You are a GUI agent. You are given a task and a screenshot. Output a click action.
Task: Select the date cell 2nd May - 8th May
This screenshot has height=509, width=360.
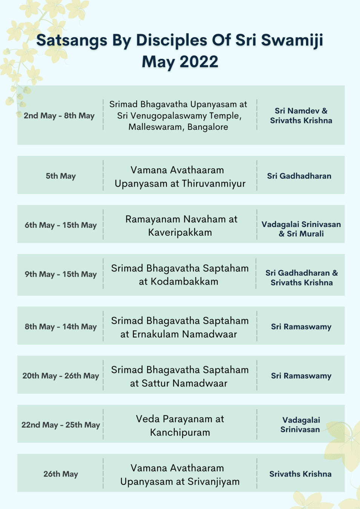tap(59, 116)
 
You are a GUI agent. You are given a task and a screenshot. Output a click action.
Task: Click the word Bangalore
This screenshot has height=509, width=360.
tap(208, 127)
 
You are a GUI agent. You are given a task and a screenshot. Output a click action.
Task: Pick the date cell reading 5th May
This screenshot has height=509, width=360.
tap(61, 176)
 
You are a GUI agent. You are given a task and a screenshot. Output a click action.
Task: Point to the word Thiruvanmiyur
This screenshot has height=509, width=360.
tap(214, 184)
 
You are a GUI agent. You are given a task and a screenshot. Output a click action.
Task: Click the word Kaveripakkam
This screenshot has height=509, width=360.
tap(180, 233)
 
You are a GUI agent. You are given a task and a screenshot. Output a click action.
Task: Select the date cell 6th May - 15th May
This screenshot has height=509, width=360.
tap(61, 225)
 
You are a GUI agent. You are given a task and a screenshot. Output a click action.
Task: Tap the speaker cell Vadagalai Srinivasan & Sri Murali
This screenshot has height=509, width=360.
tap(301, 229)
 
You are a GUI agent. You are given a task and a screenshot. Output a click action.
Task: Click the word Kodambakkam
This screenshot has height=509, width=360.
tap(184, 282)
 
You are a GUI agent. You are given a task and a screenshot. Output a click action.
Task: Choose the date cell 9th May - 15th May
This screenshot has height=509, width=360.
tap(61, 274)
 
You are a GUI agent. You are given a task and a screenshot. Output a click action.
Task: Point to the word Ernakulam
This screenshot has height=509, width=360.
tap(155, 334)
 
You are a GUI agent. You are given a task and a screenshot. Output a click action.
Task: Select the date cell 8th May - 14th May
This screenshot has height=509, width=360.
tap(61, 327)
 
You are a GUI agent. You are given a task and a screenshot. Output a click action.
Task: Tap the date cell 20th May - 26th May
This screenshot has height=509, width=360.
tap(61, 376)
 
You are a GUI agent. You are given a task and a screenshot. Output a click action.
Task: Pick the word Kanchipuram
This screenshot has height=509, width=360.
tap(180, 432)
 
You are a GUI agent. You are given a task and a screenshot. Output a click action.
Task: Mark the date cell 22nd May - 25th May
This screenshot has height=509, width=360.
tap(61, 425)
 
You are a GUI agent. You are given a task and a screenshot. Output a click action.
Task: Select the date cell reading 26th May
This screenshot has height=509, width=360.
tap(61, 474)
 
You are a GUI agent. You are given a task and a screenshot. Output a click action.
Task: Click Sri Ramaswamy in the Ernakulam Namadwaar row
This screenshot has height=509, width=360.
tap(301, 327)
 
